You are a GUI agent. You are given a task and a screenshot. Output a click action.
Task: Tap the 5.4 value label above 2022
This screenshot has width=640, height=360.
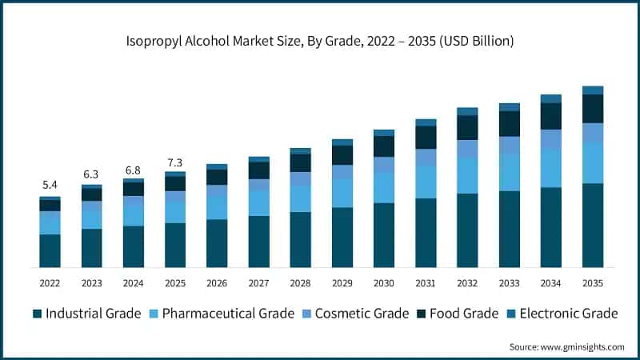[50, 185]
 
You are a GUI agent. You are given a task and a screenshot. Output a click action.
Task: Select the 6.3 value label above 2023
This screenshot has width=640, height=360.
[91, 174]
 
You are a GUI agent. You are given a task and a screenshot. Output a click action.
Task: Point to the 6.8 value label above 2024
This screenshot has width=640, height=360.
[133, 170]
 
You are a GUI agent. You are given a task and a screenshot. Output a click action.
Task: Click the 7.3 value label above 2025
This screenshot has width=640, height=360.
[174, 162]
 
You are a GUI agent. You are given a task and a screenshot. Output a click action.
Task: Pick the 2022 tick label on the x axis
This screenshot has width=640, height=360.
[50, 283]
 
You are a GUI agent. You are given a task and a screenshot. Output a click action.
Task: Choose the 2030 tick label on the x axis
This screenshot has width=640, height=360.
[384, 283]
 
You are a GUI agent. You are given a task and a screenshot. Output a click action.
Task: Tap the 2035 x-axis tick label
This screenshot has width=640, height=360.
[592, 283]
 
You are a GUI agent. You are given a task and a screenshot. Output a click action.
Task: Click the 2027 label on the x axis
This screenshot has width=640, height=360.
[258, 283]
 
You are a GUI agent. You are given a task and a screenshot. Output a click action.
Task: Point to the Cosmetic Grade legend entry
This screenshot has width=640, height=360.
[351, 314]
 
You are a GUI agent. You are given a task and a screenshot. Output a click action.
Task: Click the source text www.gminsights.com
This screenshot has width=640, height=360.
[566, 346]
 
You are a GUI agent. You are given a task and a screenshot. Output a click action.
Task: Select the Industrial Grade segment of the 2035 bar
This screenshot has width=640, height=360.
[592, 225]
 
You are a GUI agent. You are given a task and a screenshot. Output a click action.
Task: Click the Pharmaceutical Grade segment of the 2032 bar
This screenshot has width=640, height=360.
[467, 175]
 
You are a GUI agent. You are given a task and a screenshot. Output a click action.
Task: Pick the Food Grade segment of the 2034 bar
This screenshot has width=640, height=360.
[550, 116]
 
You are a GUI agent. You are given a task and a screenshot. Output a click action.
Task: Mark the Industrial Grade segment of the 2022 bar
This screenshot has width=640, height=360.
[50, 250]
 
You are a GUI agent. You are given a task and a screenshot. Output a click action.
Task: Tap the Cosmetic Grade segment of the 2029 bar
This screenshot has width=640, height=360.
[342, 172]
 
